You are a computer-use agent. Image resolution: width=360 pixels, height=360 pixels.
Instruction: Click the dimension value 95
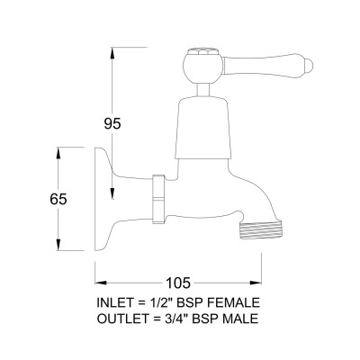pos(112,123)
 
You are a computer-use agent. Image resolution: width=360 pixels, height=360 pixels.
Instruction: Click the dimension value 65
pos(58,199)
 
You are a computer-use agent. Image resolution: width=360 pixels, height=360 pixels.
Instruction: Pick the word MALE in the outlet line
pos(239,319)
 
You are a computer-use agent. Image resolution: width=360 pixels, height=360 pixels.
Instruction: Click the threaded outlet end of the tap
pos(261,230)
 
